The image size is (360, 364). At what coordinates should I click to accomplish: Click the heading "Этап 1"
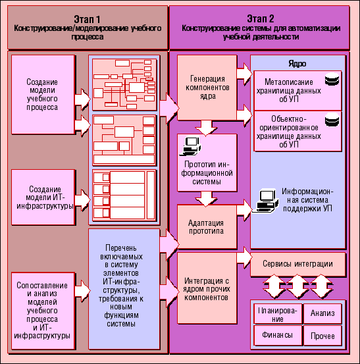tap(87, 19)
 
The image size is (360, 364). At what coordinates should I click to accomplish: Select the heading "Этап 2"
tap(260, 19)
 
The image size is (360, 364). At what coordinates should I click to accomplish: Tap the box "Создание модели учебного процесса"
tap(43, 95)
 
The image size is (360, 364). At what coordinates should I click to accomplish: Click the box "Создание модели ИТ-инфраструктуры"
tap(43, 197)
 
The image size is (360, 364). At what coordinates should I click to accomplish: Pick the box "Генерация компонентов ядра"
tap(207, 88)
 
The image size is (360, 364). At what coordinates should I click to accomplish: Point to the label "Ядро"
tap(297, 64)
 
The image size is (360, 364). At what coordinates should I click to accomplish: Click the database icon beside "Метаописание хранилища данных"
tap(332, 79)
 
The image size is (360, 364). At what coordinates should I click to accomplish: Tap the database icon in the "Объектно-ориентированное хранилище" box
tap(332, 120)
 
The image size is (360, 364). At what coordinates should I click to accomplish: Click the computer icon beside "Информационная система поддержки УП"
tap(265, 201)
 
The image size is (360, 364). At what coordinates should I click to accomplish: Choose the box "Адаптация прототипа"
tap(207, 227)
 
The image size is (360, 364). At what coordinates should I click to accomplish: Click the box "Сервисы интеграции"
tap(297, 264)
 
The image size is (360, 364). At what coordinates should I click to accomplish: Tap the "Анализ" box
tap(322, 313)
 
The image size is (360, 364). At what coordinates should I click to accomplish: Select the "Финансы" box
tap(278, 335)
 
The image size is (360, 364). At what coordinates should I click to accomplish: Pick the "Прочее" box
tap(322, 336)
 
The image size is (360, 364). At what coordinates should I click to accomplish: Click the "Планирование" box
tap(278, 313)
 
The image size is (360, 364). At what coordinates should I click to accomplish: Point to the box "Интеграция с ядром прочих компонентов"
tap(207, 288)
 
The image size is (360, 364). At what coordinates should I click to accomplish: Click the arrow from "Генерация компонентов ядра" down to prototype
tap(206, 128)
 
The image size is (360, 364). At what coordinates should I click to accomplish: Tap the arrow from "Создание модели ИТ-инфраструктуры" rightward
tap(82, 200)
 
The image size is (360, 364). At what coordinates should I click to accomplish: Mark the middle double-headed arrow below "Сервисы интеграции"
tap(297, 286)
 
